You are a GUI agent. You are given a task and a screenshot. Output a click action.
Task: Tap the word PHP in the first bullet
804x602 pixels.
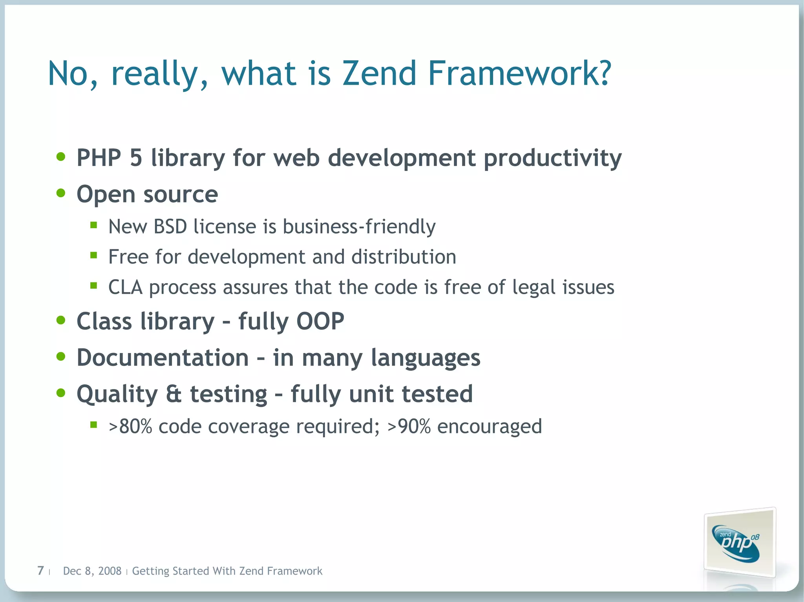(99, 158)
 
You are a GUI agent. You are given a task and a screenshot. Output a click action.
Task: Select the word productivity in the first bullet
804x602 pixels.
(552, 158)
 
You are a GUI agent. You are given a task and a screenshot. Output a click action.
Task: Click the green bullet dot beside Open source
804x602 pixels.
(61, 193)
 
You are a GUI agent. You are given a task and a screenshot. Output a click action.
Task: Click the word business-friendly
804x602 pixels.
(359, 227)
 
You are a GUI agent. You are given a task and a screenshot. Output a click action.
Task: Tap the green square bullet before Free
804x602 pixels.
(93, 256)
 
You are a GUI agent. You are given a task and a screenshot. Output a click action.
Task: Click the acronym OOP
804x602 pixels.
(320, 321)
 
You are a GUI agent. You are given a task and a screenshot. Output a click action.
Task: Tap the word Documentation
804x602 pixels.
(163, 358)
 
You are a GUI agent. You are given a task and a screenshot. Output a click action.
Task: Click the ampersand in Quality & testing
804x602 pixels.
(174, 394)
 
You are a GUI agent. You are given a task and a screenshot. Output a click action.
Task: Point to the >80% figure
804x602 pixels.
(130, 426)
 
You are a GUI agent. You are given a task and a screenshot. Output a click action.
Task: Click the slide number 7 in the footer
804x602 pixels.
(40, 571)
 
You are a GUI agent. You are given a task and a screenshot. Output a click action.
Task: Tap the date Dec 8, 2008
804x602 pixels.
(92, 571)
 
